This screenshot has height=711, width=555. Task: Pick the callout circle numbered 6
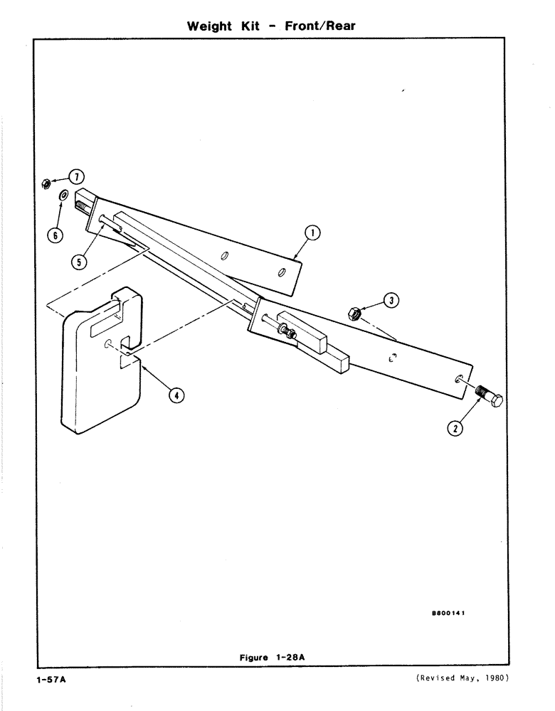[56, 234]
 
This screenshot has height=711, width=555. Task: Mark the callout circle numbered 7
[75, 176]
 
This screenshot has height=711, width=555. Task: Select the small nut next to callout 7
[44, 183]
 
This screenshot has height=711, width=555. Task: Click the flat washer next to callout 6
[63, 195]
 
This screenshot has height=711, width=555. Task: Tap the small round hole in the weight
[107, 344]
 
